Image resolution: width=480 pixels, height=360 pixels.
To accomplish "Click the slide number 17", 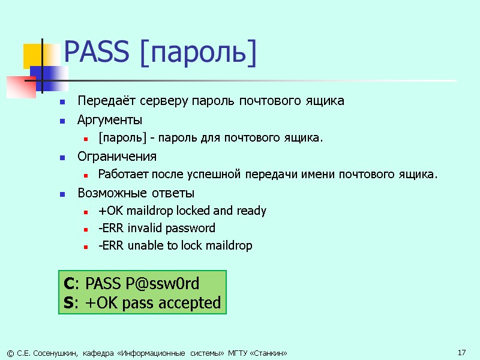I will coord(461,352).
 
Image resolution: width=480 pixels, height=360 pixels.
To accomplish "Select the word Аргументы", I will coord(110,119).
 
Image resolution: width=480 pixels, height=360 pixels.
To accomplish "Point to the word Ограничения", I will coord(117,157).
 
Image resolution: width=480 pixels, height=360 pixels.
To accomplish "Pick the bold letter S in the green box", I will coord(68,302).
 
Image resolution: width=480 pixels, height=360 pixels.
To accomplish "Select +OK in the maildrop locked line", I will coord(109,211).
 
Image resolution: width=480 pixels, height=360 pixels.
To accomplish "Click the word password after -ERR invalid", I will coord(191,228).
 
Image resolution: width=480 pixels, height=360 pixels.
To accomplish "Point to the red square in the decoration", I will coord(22,86).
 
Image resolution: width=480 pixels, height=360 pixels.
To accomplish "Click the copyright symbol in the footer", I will coord(8,353).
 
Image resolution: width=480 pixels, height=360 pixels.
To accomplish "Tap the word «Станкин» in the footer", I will coord(269,353).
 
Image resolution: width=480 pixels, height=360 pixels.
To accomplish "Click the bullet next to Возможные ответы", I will coord(62,194).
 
